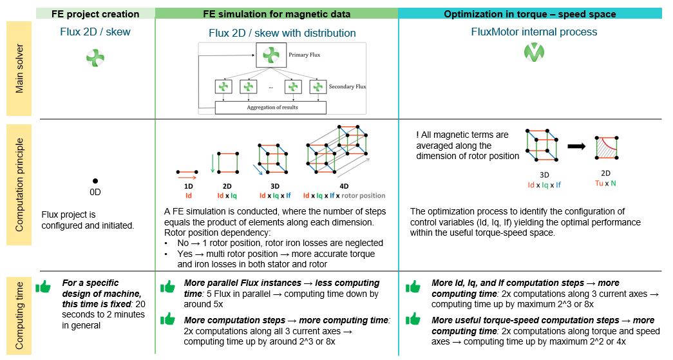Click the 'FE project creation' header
click(x=97, y=14)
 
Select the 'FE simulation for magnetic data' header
click(x=277, y=14)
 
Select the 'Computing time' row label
click(x=20, y=314)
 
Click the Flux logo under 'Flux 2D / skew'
click(x=95, y=59)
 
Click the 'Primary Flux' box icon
click(x=269, y=55)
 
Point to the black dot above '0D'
click(x=95, y=181)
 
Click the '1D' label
click(x=188, y=186)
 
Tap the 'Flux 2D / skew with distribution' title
click(x=282, y=33)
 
